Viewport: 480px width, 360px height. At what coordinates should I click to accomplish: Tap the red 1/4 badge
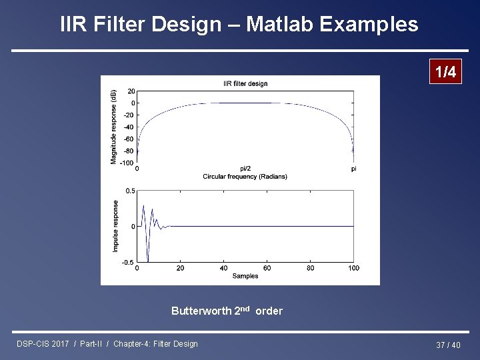pos(445,72)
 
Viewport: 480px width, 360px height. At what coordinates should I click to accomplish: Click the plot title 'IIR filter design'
pos(245,83)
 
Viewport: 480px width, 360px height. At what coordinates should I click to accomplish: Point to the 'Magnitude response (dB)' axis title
pos(113,126)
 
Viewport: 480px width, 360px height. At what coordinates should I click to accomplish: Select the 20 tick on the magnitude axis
pos(131,91)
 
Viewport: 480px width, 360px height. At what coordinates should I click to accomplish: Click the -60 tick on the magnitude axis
pos(129,139)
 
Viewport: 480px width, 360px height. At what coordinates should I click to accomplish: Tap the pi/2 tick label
pos(245,169)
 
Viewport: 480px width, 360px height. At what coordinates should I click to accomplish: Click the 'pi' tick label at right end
pos(353,169)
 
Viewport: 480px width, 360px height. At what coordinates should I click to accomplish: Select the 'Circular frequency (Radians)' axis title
pos(245,177)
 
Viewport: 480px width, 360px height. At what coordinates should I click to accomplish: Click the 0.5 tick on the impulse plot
pos(130,191)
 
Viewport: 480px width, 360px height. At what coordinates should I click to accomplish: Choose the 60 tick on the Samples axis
pos(267,268)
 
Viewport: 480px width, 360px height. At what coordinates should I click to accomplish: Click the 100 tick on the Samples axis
pos(353,268)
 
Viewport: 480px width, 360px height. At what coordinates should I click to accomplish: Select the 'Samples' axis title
pos(245,275)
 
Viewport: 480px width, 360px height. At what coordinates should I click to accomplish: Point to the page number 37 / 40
pos(448,345)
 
